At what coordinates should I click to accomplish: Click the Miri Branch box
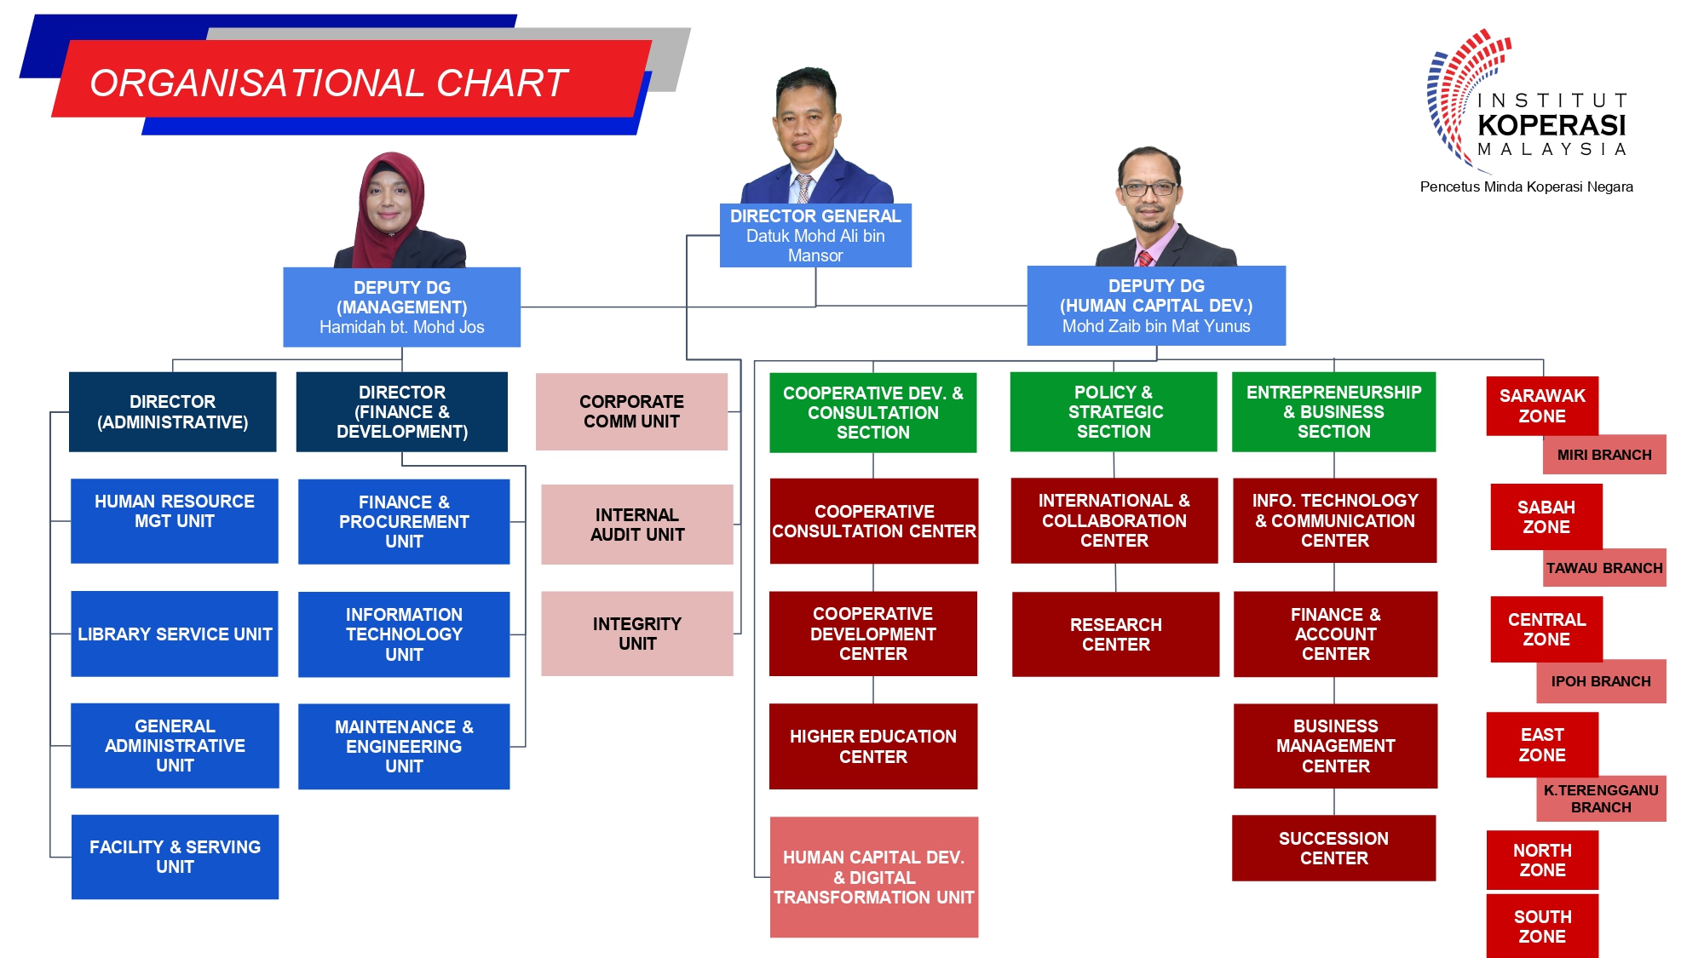coord(1604,455)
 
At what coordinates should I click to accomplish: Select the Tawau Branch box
coord(1604,568)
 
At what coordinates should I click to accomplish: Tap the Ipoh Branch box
coord(1601,681)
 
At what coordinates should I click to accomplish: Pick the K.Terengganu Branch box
coord(1601,799)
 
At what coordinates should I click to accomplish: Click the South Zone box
coord(1542,926)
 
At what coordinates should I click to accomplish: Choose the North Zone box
coord(1542,860)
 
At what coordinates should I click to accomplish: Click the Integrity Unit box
coord(637,634)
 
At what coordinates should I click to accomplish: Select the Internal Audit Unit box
coord(637,525)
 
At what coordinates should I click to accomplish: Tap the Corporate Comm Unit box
coord(631,411)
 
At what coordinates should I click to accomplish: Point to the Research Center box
coord(1115,634)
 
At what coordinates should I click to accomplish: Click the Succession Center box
coord(1334,848)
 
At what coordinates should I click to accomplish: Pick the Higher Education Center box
coord(873,746)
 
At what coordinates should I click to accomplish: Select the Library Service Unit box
coord(175,634)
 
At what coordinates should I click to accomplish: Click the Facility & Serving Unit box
coord(175,857)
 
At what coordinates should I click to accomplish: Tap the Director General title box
coord(815,235)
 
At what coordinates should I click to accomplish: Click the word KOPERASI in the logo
coord(1551,125)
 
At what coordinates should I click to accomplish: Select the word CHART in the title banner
coord(502,83)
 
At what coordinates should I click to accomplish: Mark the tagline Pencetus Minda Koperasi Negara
coord(1527,186)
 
